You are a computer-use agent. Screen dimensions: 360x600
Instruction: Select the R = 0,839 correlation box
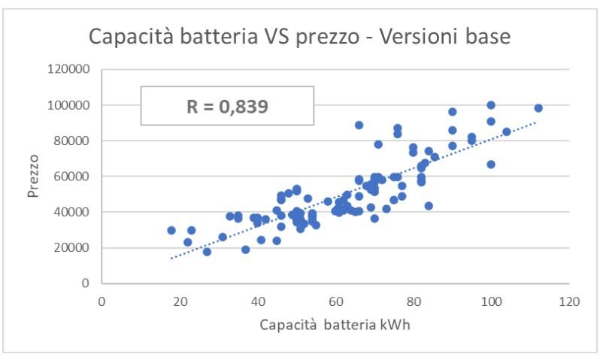click(x=227, y=105)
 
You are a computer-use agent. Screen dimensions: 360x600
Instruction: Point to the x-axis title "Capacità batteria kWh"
click(x=335, y=325)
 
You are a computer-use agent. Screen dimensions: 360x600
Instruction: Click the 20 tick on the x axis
click(x=180, y=301)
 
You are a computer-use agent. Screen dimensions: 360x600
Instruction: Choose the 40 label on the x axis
click(x=257, y=301)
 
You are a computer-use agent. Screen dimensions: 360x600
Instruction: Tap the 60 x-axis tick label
click(x=335, y=301)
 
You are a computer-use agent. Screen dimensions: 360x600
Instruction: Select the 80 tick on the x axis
click(x=414, y=301)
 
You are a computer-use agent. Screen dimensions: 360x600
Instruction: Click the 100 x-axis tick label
click(x=491, y=301)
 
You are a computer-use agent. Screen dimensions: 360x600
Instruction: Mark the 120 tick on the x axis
click(x=569, y=301)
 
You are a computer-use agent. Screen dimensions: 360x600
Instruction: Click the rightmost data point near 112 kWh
click(x=538, y=108)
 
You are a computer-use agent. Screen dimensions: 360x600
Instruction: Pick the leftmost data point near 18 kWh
click(x=171, y=231)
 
